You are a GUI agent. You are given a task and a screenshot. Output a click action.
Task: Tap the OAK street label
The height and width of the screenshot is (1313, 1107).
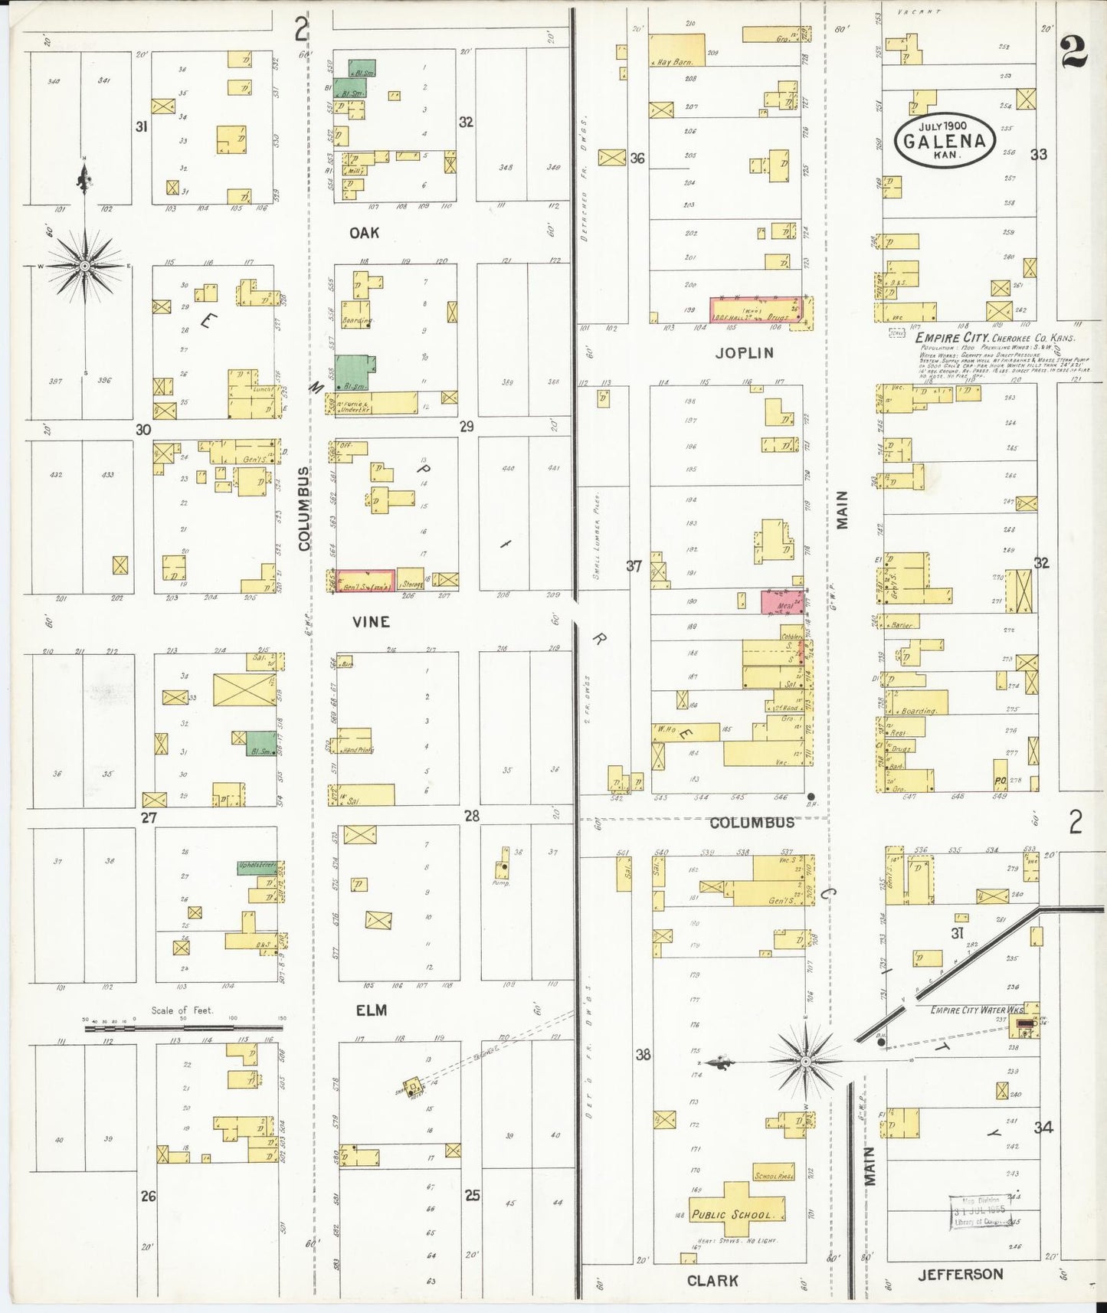(x=364, y=232)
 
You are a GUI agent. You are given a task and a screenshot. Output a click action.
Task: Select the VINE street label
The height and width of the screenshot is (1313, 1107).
(x=371, y=621)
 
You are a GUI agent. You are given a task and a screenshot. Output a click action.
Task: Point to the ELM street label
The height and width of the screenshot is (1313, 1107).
(x=371, y=1010)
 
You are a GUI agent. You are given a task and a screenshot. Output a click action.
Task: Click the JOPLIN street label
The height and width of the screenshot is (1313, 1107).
(x=744, y=353)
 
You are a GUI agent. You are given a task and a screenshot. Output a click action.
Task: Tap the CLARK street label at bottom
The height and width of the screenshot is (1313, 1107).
(x=712, y=1280)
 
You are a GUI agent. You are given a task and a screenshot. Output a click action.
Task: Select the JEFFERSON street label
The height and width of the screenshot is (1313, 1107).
(x=960, y=1274)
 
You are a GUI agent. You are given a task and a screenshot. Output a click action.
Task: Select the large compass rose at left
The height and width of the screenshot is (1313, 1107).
(x=85, y=265)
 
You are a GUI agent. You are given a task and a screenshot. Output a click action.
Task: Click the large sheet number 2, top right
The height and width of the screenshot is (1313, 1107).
(x=1074, y=54)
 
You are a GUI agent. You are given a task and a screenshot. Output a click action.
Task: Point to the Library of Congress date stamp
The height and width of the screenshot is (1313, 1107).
(x=986, y=1213)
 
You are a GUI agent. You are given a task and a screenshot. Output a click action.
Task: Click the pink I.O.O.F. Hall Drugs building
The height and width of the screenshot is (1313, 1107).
(x=757, y=309)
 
